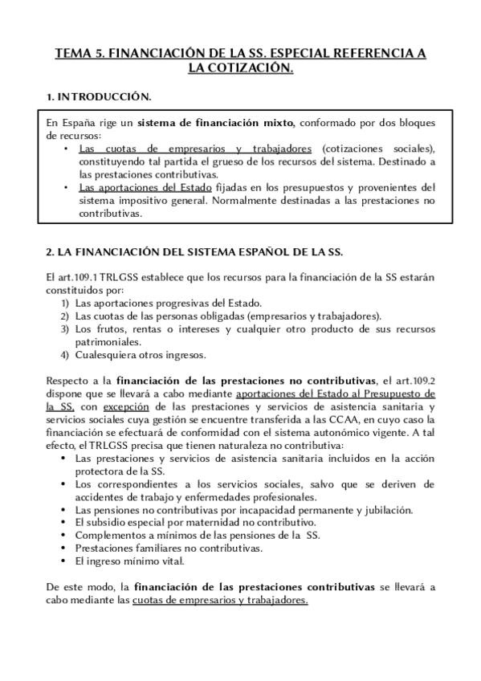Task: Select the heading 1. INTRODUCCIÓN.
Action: pyautogui.click(x=99, y=97)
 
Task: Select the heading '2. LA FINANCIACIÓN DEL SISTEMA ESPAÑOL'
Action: pyautogui.click(x=194, y=252)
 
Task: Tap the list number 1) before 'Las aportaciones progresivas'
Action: pyautogui.click(x=66, y=303)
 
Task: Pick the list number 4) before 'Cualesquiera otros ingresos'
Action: pyautogui.click(x=66, y=354)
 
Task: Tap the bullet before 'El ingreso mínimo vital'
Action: pyautogui.click(x=65, y=561)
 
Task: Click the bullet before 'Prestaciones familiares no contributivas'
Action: pyautogui.click(x=65, y=548)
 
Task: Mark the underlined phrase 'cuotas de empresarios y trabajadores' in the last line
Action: pyautogui.click(x=221, y=600)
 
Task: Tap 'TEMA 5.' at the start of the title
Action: pyautogui.click(x=78, y=54)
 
